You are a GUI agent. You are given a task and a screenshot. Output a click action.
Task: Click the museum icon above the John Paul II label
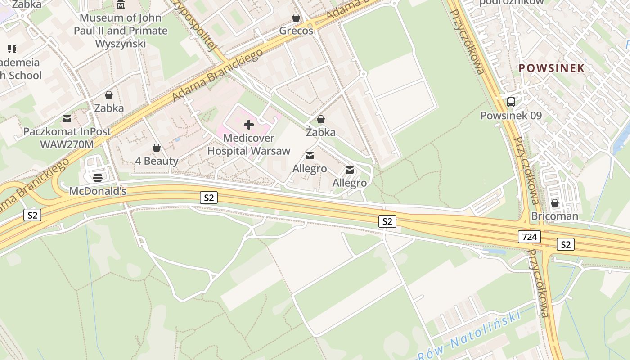(121, 5)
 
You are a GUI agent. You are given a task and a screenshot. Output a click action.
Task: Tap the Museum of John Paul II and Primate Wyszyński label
(120, 31)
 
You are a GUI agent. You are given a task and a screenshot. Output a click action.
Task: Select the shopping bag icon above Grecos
(296, 18)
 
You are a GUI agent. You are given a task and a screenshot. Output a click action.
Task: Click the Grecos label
(296, 31)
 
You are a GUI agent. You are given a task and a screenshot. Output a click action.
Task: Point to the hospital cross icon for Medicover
(248, 125)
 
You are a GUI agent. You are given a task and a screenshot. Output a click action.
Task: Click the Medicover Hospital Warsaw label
(248, 144)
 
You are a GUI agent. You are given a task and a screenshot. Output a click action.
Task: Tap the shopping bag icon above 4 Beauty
(157, 148)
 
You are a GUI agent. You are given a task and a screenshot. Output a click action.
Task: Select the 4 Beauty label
(157, 161)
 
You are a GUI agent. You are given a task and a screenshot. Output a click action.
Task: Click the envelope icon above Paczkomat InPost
(67, 119)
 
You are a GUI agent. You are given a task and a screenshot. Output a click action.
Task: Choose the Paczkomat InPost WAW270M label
(67, 138)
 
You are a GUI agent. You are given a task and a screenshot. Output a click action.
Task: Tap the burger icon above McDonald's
(98, 178)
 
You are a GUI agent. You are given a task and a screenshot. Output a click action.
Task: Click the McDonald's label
(98, 191)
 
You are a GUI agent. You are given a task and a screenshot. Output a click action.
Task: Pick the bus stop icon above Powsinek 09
(511, 102)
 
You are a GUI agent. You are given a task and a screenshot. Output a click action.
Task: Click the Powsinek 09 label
(511, 115)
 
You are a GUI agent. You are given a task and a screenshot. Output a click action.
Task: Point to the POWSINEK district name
(551, 68)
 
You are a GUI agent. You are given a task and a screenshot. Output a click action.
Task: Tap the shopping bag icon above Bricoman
(555, 203)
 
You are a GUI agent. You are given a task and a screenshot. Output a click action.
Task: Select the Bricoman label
(555, 216)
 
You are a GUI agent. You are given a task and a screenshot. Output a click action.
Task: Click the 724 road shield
(529, 236)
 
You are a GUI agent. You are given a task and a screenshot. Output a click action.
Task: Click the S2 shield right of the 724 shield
(566, 244)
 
